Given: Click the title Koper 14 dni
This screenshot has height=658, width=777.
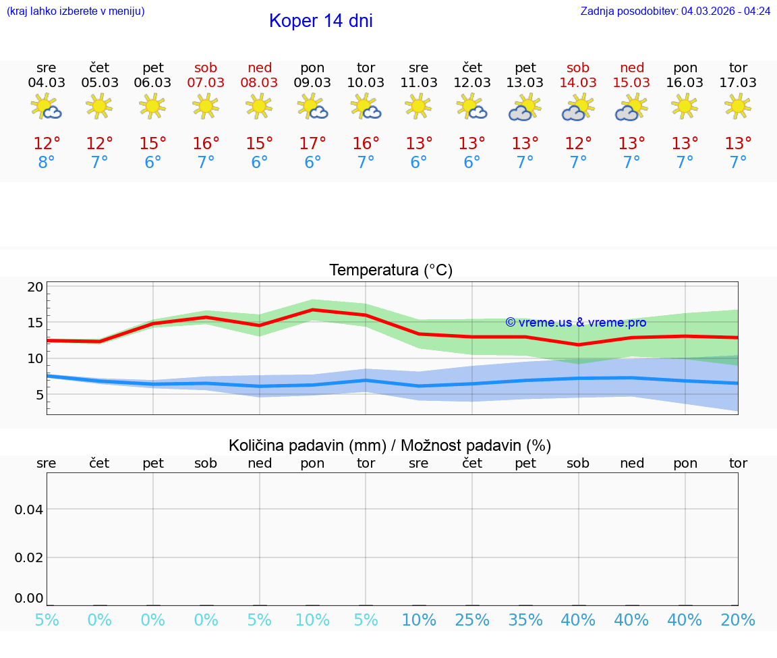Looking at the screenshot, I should click(x=320, y=21).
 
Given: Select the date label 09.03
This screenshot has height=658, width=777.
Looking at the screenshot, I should click(x=312, y=83).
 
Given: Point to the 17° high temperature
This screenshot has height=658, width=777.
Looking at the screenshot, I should click(x=312, y=144).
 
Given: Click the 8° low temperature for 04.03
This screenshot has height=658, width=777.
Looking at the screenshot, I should click(x=47, y=163).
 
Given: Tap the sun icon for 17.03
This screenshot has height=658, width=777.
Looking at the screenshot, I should click(x=738, y=106).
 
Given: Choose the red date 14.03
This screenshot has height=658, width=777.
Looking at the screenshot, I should click(x=578, y=83).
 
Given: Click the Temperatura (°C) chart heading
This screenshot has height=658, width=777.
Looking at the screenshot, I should click(x=391, y=271).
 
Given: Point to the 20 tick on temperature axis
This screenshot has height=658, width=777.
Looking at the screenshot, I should click(x=35, y=287).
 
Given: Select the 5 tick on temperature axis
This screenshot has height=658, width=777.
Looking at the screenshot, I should click(x=39, y=395).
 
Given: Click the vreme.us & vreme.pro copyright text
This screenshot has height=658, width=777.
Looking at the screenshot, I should click(x=575, y=323).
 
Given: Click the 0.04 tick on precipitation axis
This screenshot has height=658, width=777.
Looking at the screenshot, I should click(x=29, y=510).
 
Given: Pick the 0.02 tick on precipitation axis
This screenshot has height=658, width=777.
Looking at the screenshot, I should click(x=29, y=557).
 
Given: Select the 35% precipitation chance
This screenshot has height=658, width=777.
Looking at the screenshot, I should click(x=525, y=620).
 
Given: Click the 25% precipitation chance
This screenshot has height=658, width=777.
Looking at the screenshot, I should click(x=471, y=620).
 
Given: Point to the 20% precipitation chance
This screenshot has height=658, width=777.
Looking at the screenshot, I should click(x=738, y=620).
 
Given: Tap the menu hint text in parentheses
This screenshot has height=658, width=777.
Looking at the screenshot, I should click(x=76, y=11).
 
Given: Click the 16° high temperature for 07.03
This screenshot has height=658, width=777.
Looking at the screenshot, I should click(x=206, y=144).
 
